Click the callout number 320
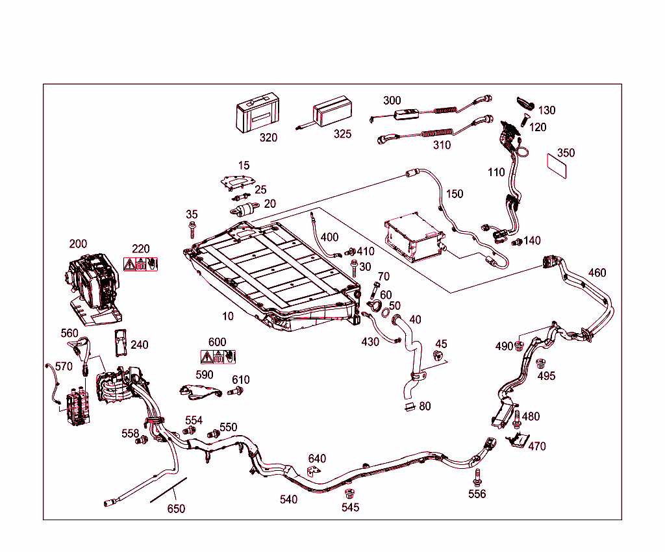[268, 138]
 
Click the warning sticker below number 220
[141, 264]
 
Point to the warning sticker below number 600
[218, 356]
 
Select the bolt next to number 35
[192, 229]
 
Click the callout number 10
[227, 316]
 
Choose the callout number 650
[176, 508]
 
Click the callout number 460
[597, 273]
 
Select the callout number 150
[455, 194]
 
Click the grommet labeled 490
[520, 345]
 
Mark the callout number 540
[288, 499]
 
